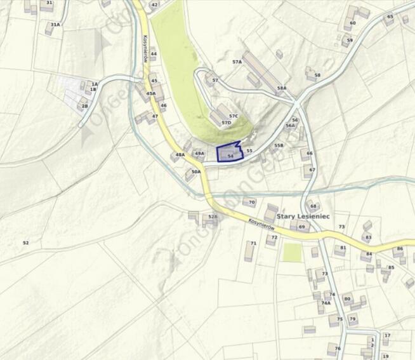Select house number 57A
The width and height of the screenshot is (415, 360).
coord(237,62)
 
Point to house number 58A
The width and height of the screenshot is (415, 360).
coord(282,88)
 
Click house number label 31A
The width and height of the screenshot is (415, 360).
coord(56,25)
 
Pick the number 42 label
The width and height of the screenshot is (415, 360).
coord(154,5)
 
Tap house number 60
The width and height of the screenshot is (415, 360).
coord(353,23)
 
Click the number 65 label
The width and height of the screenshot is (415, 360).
coord(390,17)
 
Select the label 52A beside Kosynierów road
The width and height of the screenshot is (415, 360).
coord(213,217)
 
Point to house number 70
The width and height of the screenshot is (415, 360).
coord(252,203)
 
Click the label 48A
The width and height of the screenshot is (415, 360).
coord(180,155)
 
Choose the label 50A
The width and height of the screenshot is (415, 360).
coord(196,171)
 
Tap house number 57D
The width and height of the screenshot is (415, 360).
coord(227,123)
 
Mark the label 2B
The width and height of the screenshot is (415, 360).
coord(84,106)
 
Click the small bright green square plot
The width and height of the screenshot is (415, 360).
coord(292,253)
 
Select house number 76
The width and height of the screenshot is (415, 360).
coord(338,349)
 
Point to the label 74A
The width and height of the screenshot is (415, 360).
coord(326,303)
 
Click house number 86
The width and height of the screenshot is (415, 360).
coord(400,249)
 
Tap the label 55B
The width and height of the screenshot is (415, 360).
coord(279,145)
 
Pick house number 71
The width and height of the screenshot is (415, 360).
coord(253,243)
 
